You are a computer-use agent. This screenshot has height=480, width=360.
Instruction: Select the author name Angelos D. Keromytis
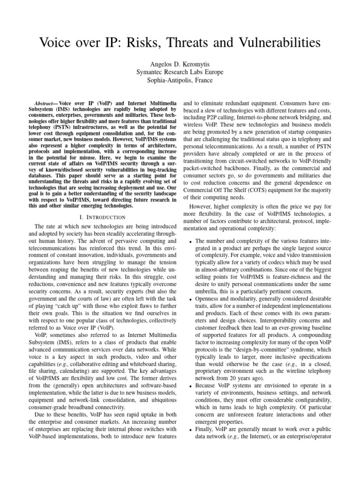coord(180,64)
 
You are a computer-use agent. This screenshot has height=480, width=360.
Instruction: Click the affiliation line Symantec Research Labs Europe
coord(180,72)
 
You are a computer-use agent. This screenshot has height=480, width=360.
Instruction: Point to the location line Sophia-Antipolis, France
coord(180,80)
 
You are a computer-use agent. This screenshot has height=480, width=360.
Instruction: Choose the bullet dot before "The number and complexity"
coord(189,242)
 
